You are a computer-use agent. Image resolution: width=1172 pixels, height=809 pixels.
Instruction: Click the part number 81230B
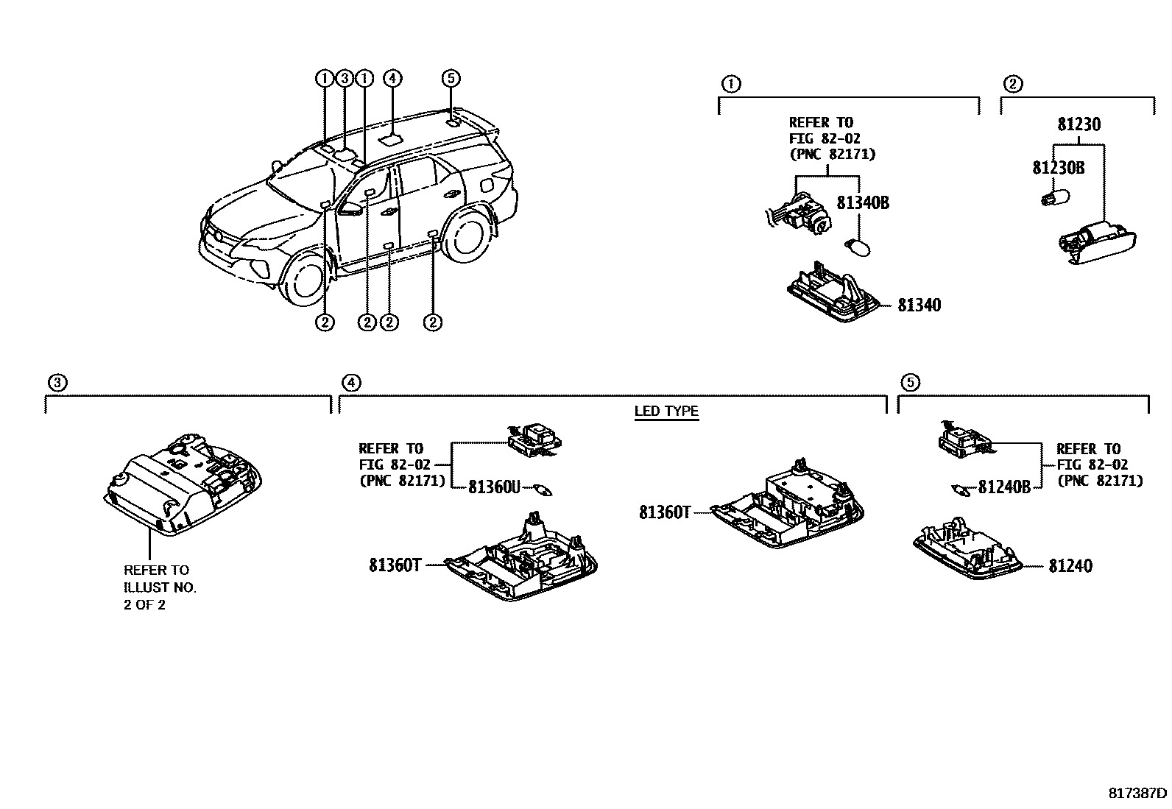[x=1059, y=168]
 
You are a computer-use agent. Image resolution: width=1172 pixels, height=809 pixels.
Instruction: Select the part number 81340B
[x=863, y=202]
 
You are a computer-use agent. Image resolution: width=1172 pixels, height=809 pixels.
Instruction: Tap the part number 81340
[x=919, y=305]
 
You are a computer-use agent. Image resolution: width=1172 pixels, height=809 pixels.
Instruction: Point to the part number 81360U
[x=494, y=487]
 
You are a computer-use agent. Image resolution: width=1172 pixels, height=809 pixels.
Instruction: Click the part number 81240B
[x=1004, y=487]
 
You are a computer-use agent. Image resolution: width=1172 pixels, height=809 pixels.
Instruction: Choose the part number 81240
[x=1070, y=565]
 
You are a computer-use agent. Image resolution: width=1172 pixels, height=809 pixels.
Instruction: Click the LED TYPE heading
[x=666, y=411]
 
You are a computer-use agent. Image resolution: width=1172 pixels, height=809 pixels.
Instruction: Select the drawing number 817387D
[x=1138, y=793]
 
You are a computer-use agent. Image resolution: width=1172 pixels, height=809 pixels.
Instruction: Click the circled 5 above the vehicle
[x=451, y=78]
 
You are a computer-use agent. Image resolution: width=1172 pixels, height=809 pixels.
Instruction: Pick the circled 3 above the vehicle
[x=344, y=78]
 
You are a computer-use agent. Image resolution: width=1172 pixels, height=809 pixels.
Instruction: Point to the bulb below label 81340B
[x=858, y=245]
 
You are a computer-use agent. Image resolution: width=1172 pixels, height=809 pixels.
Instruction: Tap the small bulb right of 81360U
[x=546, y=490]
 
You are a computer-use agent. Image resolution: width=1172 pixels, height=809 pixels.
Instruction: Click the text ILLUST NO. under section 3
[x=160, y=587]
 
